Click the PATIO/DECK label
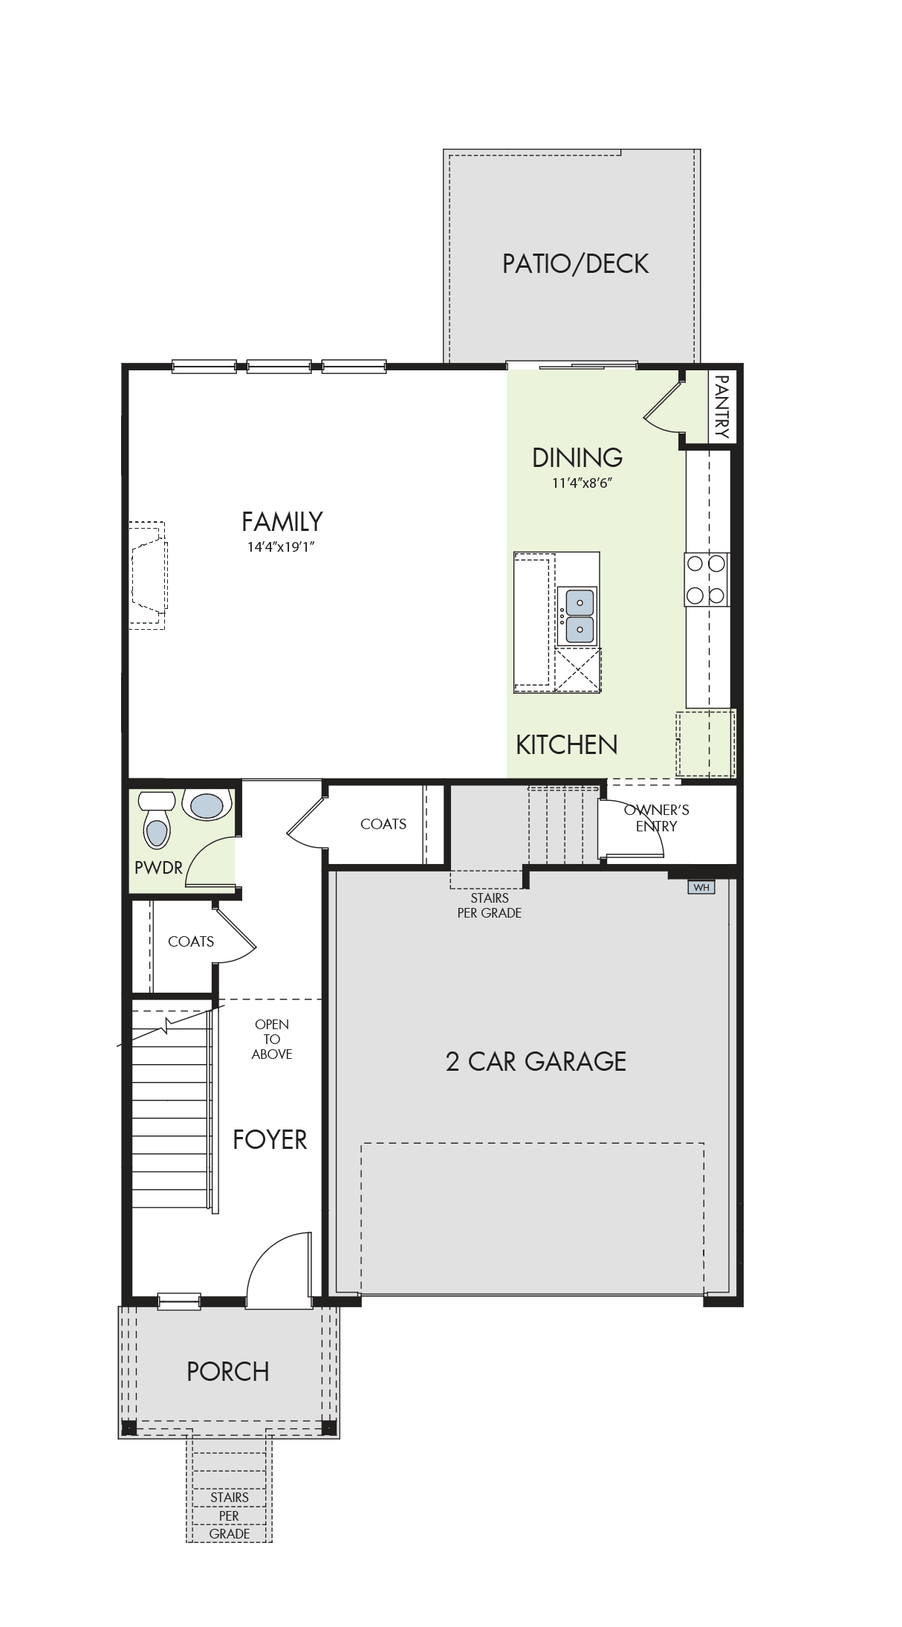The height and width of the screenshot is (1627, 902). coord(575,263)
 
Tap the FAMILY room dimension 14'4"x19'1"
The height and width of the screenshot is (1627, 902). coord(282,547)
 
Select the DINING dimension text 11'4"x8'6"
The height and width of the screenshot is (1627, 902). coord(582,483)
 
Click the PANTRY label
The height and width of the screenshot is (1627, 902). coord(721,406)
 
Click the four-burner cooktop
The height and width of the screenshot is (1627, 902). coord(706,579)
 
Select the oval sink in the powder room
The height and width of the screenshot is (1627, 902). coord(207,805)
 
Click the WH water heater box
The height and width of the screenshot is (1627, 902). coord(701,887)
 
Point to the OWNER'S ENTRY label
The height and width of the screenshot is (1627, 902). coord(657,818)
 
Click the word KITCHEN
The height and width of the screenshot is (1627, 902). coord(567,744)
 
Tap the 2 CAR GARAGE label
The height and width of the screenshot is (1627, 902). coord(536,1061)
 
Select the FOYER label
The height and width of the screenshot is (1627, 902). coord(270,1139)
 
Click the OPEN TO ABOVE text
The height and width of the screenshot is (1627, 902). coord(272,1039)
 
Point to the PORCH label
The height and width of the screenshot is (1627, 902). coord(228,1371)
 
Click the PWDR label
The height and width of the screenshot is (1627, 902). coord(158,867)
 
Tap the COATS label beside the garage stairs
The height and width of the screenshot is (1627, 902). coord(383,824)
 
